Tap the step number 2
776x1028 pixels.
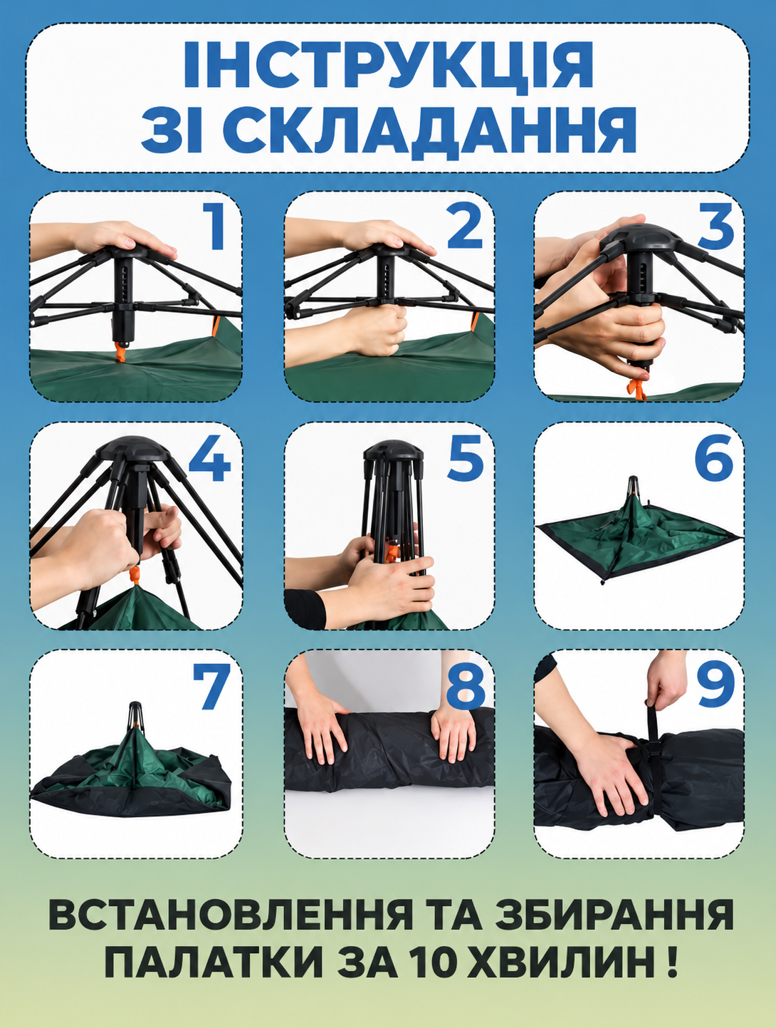point(464,227)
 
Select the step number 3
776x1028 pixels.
point(715,227)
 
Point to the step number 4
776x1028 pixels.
point(209,459)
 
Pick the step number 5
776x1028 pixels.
point(465,459)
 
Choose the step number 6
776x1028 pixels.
point(715,459)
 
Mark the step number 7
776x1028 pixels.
point(211,687)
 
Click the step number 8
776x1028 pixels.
point(465,687)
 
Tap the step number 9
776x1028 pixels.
point(715,687)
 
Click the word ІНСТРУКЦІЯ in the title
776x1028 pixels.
point(388,66)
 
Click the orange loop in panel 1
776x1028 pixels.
point(121,352)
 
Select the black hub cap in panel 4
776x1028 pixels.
point(135,449)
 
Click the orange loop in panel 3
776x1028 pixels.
point(637,388)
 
